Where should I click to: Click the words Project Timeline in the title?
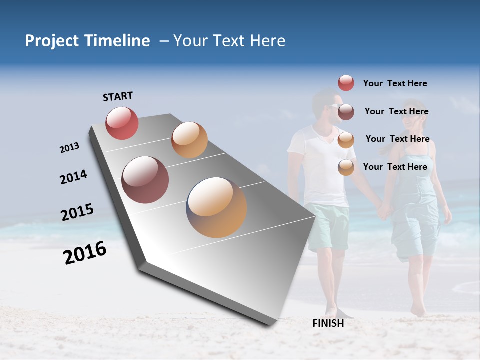click(87, 41)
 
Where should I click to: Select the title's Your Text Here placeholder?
click(229, 41)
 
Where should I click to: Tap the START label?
click(118, 96)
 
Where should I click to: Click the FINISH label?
click(328, 323)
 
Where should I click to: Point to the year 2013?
click(70, 148)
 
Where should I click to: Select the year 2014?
click(73, 177)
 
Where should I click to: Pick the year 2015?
click(77, 212)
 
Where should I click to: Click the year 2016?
click(85, 253)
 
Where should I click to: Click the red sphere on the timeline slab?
click(122, 123)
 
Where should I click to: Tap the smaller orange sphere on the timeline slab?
click(189, 140)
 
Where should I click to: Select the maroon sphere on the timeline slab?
click(145, 180)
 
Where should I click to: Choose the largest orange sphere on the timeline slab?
click(216, 207)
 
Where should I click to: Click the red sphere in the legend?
click(346, 83)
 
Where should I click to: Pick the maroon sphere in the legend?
click(346, 112)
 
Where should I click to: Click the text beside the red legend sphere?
click(395, 83)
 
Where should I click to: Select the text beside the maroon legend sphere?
click(396, 111)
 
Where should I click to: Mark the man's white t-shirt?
click(320, 165)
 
